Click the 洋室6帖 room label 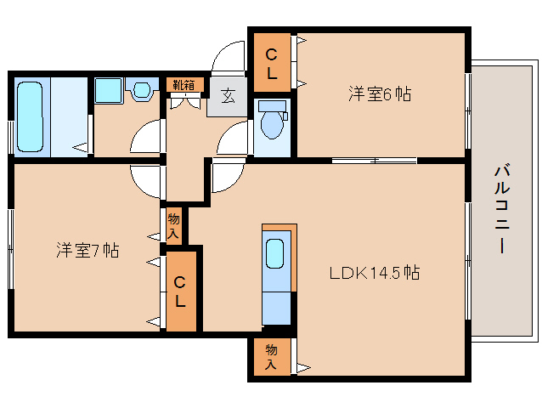click(x=379, y=94)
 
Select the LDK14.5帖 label click(x=375, y=274)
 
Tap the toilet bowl click(x=272, y=122)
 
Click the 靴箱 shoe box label click(x=183, y=84)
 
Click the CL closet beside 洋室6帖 click(x=272, y=64)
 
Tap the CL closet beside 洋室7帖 click(x=180, y=290)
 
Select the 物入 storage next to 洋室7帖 click(x=173, y=226)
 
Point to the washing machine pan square click(x=108, y=90)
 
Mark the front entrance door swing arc click(x=227, y=58)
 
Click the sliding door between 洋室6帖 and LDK click(x=373, y=160)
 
